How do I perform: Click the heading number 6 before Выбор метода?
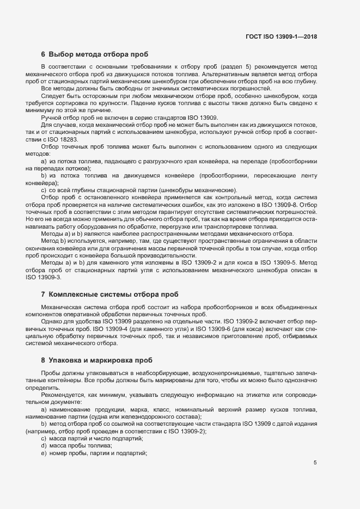click(x=43, y=54)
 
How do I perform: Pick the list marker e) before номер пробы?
click(x=44, y=453)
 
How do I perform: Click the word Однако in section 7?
click(x=52, y=321)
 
